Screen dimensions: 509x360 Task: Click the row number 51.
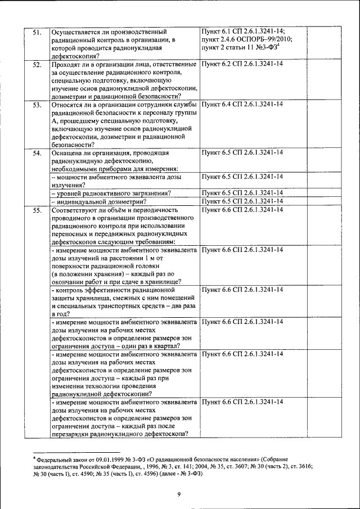[x=37, y=32]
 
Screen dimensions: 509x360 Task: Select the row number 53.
[x=37, y=105]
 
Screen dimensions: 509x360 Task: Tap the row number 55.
[x=37, y=210]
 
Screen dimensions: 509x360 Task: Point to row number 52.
[x=37, y=65]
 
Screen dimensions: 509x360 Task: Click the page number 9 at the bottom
[x=179, y=494]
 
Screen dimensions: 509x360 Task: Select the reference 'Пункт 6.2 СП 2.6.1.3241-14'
[x=242, y=65]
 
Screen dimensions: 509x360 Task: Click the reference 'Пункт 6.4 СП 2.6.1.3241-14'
[x=242, y=105]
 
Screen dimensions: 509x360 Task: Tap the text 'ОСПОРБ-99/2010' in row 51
[x=258, y=39]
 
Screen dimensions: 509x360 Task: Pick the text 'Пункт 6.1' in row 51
[x=217, y=31]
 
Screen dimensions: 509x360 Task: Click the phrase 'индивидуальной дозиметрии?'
[x=100, y=201]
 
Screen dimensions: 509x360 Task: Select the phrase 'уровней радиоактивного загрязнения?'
[x=112, y=193]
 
